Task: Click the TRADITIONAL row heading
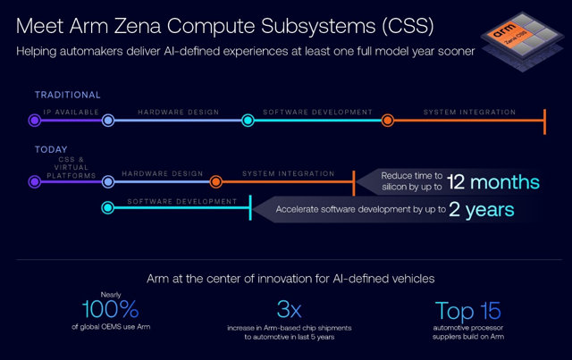pyautogui.click(x=68, y=95)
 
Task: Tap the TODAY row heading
pyautogui.click(x=50, y=149)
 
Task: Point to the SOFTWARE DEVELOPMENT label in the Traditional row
pyautogui.click(x=317, y=113)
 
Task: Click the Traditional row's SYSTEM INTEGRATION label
pyautogui.click(x=469, y=113)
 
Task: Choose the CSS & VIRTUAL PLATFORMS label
pyautogui.click(x=70, y=167)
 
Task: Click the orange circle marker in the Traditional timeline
pyautogui.click(x=387, y=120)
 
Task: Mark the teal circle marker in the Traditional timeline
pyautogui.click(x=248, y=120)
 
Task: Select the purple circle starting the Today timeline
pyautogui.click(x=34, y=182)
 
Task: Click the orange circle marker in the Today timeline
pyautogui.click(x=215, y=182)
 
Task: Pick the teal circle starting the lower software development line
pyautogui.click(x=107, y=208)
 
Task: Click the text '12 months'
pyautogui.click(x=492, y=182)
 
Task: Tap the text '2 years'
pyautogui.click(x=483, y=211)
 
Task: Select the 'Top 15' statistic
pyautogui.click(x=467, y=312)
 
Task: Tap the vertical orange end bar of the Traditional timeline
pyautogui.click(x=544, y=120)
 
